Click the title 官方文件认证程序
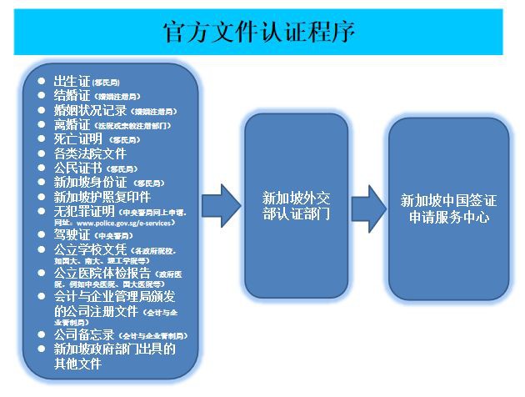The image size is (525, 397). [260, 33]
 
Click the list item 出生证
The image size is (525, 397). [72, 81]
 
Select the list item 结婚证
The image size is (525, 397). [72, 95]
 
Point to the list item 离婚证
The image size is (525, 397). [72, 124]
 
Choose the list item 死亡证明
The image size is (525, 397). [78, 138]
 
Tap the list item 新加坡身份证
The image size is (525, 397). [92, 182]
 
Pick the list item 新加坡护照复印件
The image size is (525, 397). [102, 196]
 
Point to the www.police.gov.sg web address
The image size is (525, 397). [125, 224]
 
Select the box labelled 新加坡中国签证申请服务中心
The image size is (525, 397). [448, 209]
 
